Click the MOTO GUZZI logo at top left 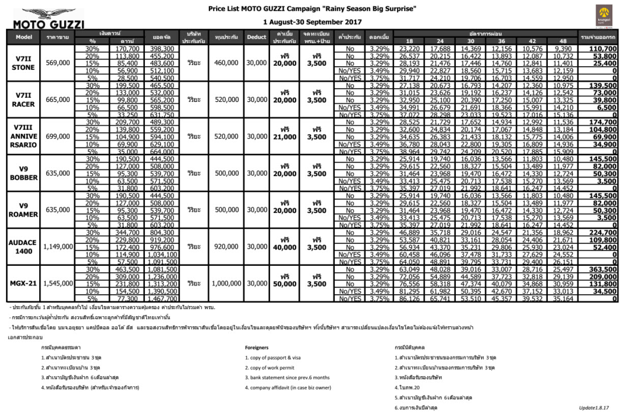49,19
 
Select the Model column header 24,37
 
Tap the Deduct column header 256,37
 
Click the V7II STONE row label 23,63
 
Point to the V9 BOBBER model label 23,173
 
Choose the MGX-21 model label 23,283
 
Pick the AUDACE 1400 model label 23,246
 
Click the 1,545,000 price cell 58,283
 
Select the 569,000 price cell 58,63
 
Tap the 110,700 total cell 600,48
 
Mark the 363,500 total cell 600,269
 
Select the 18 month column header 409,41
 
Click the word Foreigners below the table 256,348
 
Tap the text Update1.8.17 594,408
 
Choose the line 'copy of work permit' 269,368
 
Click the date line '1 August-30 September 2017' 312,22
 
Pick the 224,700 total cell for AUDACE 600,232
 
